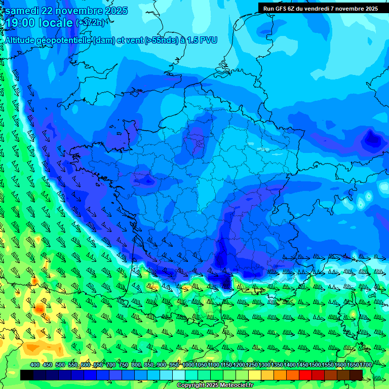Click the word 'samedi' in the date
[x=21, y=11]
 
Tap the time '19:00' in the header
[x=20, y=23]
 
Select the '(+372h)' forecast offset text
[x=91, y=23]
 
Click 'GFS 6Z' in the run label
[x=285, y=8]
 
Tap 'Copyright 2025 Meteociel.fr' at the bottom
[x=215, y=385]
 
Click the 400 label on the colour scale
[x=35, y=365]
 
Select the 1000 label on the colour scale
[x=188, y=365]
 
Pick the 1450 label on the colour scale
[x=302, y=365]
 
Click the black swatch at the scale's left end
[x=27, y=375]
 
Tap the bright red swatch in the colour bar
[x=305, y=375]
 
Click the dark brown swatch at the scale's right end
[x=356, y=375]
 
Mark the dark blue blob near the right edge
[x=373, y=138]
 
